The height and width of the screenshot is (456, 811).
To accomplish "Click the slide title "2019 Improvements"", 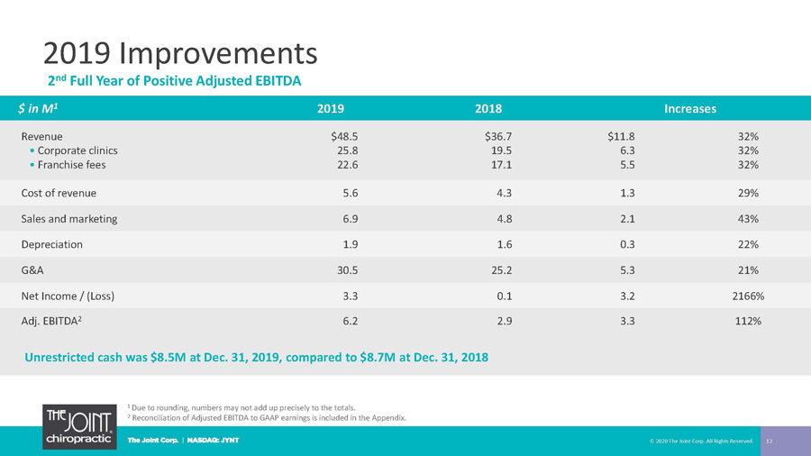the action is click(180, 53).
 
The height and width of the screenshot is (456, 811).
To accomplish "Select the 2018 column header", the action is click(488, 108).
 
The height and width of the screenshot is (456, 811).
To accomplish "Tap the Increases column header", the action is click(690, 108).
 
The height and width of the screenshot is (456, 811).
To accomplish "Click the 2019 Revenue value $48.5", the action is click(344, 136).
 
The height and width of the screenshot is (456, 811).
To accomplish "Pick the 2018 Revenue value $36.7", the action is click(498, 136).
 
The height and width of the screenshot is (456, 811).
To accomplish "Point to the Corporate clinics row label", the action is click(77, 150).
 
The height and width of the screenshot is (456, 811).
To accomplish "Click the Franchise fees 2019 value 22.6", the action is click(348, 164).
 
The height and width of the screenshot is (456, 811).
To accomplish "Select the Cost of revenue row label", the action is click(59, 193).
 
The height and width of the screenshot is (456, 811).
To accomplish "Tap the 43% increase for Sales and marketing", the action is click(748, 219).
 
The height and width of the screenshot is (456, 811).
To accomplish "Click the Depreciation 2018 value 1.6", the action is click(505, 244).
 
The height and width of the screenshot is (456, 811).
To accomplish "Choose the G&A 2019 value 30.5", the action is click(348, 269).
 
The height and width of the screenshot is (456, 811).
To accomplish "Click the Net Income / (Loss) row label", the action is click(68, 296).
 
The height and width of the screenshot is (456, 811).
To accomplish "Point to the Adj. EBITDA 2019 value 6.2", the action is click(351, 321).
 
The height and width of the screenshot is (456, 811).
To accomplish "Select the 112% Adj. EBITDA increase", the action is click(748, 321).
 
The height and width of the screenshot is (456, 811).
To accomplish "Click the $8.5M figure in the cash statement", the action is click(169, 357).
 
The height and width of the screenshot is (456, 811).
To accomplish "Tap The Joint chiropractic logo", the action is click(79, 426).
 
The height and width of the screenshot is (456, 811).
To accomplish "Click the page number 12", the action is click(770, 441).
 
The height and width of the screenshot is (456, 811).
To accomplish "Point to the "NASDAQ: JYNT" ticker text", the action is click(213, 441).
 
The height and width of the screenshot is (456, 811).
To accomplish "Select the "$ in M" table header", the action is click(38, 108).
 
